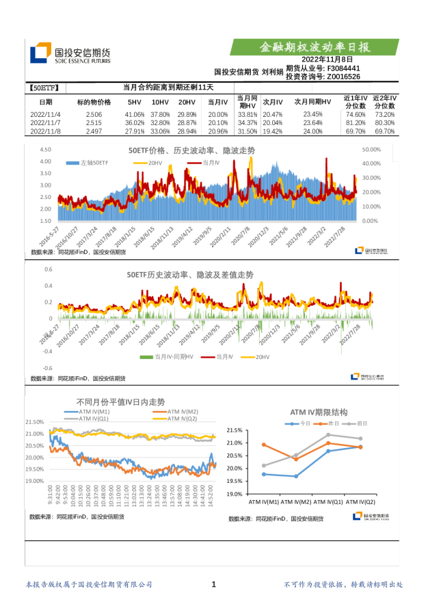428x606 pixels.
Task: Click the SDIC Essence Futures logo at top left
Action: pyautogui.click(x=68, y=54)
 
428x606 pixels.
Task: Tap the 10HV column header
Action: pyautogui.click(x=160, y=101)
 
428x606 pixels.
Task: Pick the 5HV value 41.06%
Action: pyautogui.click(x=134, y=114)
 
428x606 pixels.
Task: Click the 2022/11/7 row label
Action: pyautogui.click(x=45, y=122)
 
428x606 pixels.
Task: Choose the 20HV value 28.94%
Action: pyautogui.click(x=187, y=131)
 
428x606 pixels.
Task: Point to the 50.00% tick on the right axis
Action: pyautogui.click(x=371, y=149)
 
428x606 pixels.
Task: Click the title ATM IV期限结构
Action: pyautogui.click(x=319, y=412)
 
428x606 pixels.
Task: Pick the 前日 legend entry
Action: pyautogui.click(x=358, y=423)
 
